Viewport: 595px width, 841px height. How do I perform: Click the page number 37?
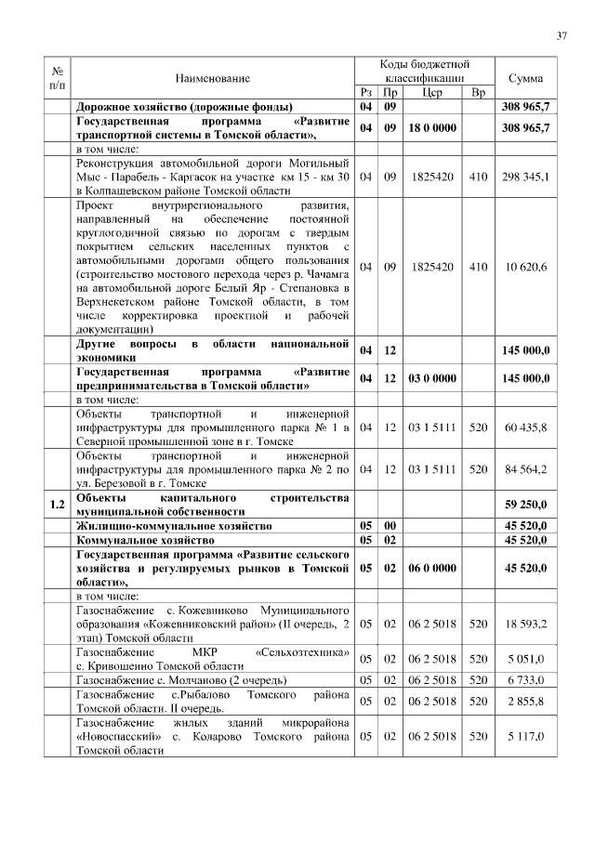tap(562, 36)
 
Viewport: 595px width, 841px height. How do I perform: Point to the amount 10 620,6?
tap(526, 267)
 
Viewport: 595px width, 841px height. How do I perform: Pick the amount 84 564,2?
tap(526, 469)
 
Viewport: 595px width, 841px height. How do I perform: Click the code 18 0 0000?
tap(431, 127)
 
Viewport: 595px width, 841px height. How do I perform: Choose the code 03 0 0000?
tap(431, 378)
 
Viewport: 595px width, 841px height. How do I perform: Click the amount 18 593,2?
tap(526, 624)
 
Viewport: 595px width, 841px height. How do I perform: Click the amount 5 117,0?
tap(526, 736)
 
